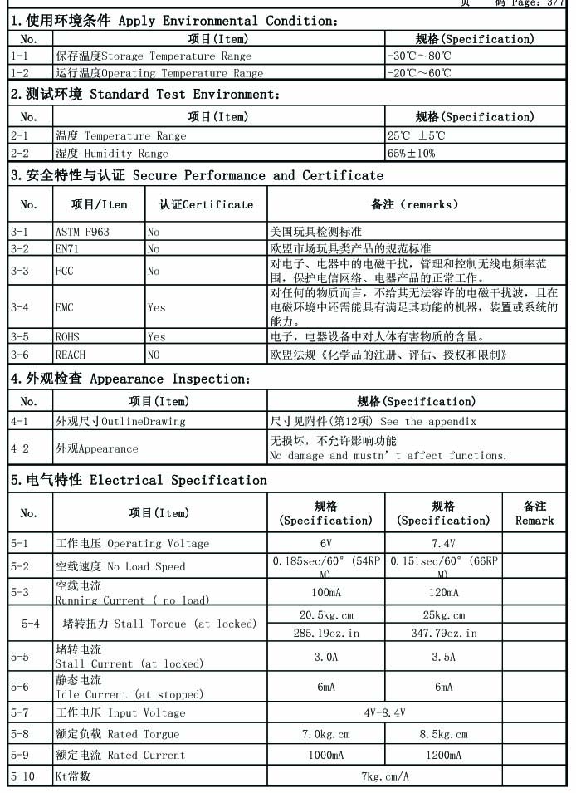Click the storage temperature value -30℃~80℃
[x=419, y=56]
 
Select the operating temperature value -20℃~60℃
[x=419, y=73]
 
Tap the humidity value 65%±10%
[x=411, y=153]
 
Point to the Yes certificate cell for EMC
[x=156, y=307]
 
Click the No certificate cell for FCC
[x=154, y=271]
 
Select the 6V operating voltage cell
[x=326, y=543]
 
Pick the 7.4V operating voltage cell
[x=443, y=543]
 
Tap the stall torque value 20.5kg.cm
[x=326, y=615]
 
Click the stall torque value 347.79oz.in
[x=443, y=633]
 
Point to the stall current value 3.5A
[x=443, y=656]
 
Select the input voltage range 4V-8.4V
[x=384, y=712]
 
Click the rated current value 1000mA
[x=326, y=755]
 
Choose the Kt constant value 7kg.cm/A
[x=384, y=776]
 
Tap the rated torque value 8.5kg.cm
[x=443, y=734]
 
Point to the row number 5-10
[x=24, y=776]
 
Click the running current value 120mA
[x=443, y=593]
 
